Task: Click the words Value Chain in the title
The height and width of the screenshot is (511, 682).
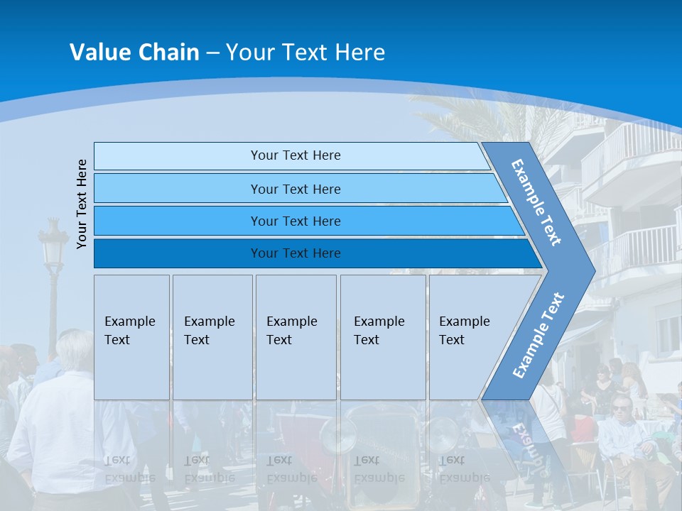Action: pyautogui.click(x=134, y=53)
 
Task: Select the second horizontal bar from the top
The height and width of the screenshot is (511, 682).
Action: pyautogui.click(x=295, y=189)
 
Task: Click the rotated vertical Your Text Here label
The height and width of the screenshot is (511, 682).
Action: pyautogui.click(x=82, y=204)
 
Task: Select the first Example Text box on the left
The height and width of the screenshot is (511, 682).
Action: pyautogui.click(x=131, y=337)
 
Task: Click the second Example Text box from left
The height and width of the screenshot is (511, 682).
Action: pyautogui.click(x=212, y=337)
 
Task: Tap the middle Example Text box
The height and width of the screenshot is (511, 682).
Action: pyautogui.click(x=296, y=337)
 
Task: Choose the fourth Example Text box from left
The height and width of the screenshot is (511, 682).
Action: pyautogui.click(x=382, y=337)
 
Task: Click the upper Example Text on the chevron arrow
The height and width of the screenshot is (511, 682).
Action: pyautogui.click(x=537, y=202)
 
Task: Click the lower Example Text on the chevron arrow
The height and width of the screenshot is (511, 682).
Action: pyautogui.click(x=538, y=335)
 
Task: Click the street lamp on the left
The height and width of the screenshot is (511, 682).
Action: pyautogui.click(x=53, y=248)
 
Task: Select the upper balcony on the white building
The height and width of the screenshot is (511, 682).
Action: pyautogui.click(x=629, y=156)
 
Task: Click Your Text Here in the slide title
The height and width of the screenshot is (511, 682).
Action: pyautogui.click(x=305, y=53)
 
